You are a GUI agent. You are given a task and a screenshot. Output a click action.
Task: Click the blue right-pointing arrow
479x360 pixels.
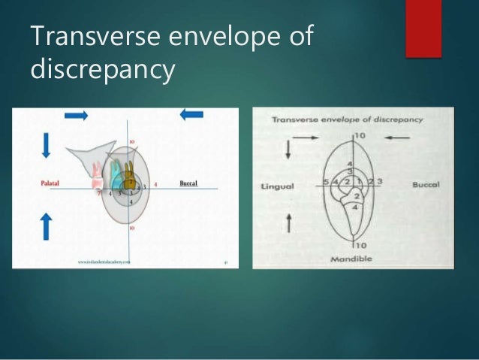pos(76,114)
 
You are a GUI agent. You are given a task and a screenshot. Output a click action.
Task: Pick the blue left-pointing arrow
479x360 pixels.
pos(191,114)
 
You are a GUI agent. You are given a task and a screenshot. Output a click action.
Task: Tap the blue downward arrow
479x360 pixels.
pos(46,144)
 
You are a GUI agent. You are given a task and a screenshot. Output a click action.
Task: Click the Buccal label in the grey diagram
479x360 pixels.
pos(426,184)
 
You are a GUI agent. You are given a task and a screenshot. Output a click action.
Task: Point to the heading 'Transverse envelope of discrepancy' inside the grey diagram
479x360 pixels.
pos(347,119)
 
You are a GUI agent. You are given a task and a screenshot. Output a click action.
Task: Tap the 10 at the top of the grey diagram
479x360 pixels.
pos(360,135)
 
